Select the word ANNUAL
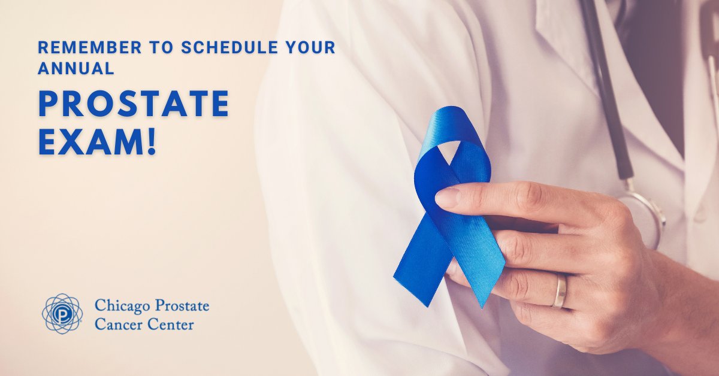click(76, 69)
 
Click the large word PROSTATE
click(134, 104)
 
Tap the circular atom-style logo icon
click(62, 313)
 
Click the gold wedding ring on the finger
click(560, 292)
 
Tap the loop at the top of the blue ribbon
click(454, 129)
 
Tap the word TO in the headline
click(139, 48)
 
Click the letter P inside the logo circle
click(62, 313)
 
